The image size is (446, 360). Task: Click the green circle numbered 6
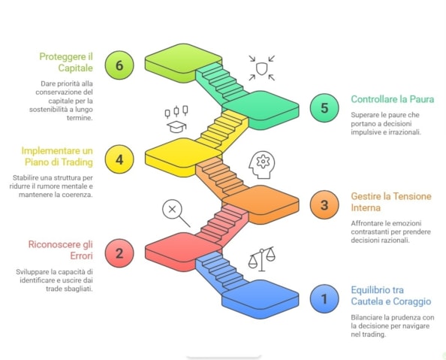[x=119, y=65]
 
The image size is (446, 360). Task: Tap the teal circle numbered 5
[x=324, y=108]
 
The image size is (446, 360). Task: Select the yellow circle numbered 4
[x=119, y=159]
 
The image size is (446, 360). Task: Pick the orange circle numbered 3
[x=324, y=204]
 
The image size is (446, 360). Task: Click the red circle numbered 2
[x=119, y=253]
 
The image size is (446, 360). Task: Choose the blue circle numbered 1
[x=324, y=299]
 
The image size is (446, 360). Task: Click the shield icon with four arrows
[x=262, y=68]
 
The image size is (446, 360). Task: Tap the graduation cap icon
[x=176, y=127]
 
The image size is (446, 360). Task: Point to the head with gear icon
[x=262, y=165]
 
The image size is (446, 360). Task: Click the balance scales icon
[x=262, y=259]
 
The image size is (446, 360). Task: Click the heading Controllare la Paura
[x=393, y=99]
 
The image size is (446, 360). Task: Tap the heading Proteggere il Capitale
[x=66, y=62]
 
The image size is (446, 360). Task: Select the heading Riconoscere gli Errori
[x=61, y=250]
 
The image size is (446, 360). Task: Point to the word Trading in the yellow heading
[x=77, y=162]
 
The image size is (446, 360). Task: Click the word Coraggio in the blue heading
[x=412, y=301]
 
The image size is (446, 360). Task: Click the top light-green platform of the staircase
[x=183, y=62]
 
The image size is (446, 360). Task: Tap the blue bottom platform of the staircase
[x=261, y=299]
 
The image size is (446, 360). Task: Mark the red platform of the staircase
[x=183, y=252]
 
